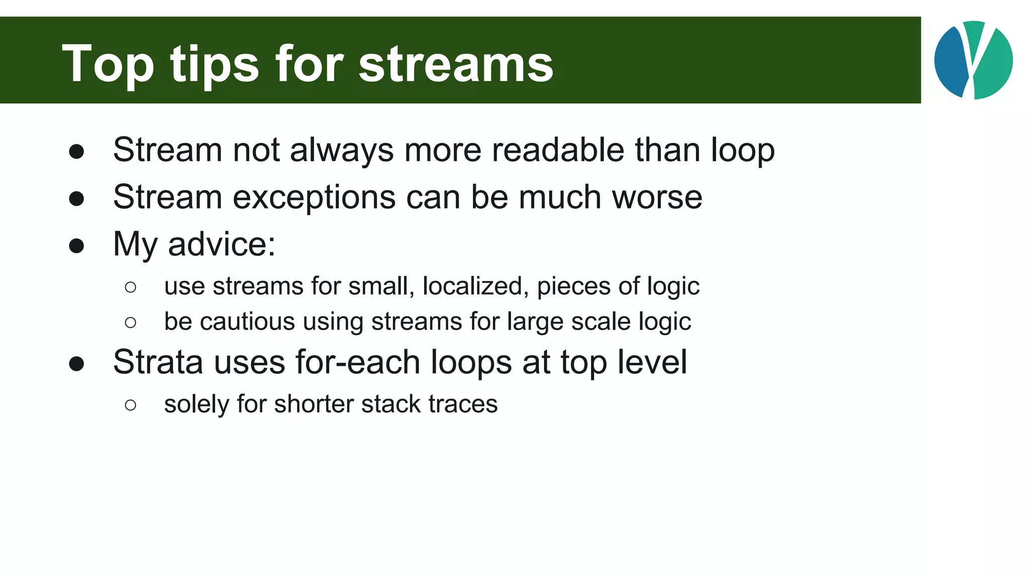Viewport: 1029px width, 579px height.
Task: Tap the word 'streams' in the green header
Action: pos(456,64)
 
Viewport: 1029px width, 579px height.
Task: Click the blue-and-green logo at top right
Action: pos(973,60)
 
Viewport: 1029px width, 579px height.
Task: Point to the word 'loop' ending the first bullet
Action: pos(743,150)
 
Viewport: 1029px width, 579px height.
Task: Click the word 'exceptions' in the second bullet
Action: pos(315,197)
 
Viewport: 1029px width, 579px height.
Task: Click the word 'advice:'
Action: pos(222,244)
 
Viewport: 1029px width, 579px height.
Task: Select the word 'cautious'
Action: pos(247,322)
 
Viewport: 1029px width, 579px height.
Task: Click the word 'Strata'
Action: pos(158,362)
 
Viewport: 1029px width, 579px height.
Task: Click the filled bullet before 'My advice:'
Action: pos(76,246)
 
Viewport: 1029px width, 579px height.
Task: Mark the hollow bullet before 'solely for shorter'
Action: pos(131,405)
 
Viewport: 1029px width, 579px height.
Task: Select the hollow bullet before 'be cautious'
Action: pos(131,323)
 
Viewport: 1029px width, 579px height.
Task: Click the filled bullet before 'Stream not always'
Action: pos(76,152)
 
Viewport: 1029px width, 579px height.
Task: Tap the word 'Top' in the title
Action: pos(108,64)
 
